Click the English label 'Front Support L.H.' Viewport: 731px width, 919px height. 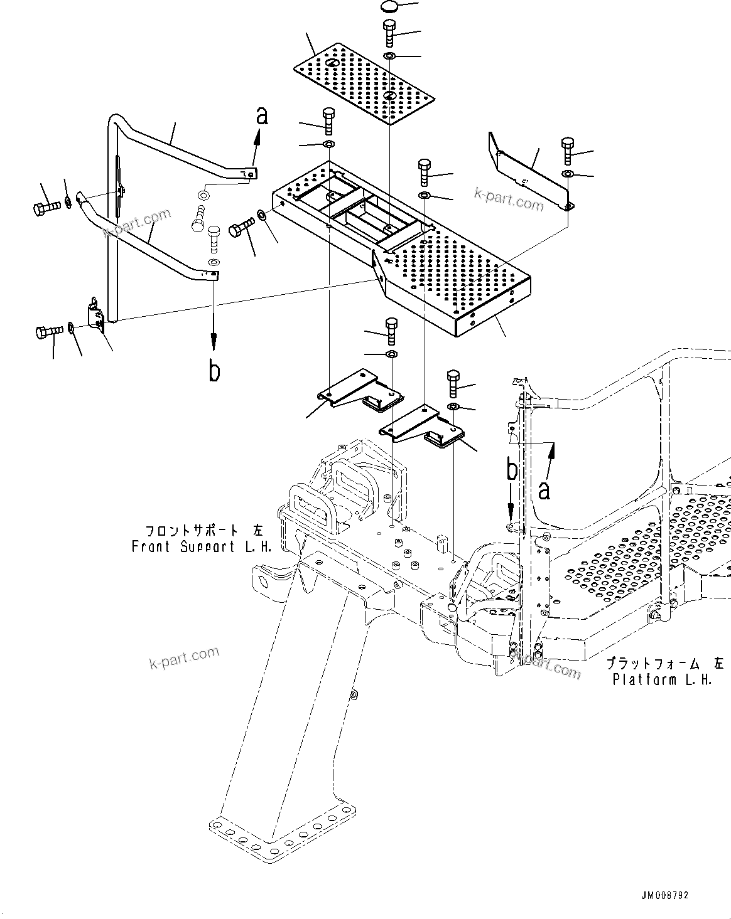click(x=201, y=546)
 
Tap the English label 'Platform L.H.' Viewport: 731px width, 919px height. click(x=662, y=679)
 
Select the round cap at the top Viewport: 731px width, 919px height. click(x=390, y=8)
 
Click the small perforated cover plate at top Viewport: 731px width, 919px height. click(x=364, y=84)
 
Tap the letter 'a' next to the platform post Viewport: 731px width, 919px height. click(x=544, y=489)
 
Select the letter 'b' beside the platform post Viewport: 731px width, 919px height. click(x=513, y=470)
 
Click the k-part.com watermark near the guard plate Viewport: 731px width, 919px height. click(x=509, y=202)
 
